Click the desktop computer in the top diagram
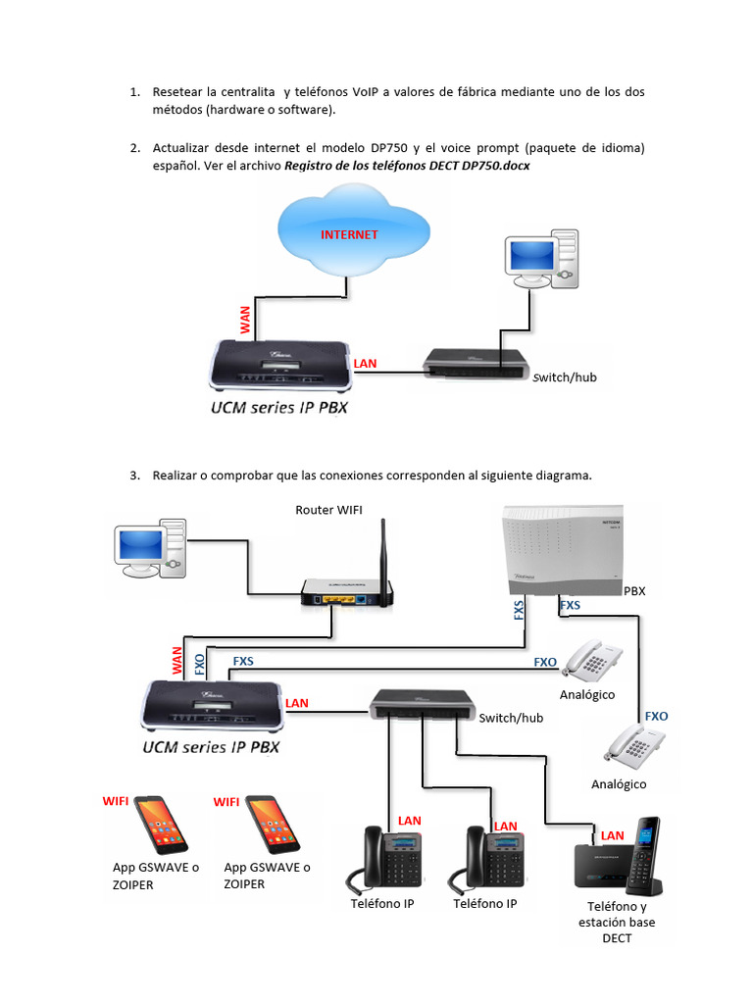(540, 259)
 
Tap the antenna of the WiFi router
(383, 549)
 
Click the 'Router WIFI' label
(335, 509)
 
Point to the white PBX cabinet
(562, 548)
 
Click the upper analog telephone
(592, 661)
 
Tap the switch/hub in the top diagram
(477, 362)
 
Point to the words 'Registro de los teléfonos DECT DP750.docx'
(407, 166)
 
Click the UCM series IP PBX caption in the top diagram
(279, 406)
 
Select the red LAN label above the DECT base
(612, 835)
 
